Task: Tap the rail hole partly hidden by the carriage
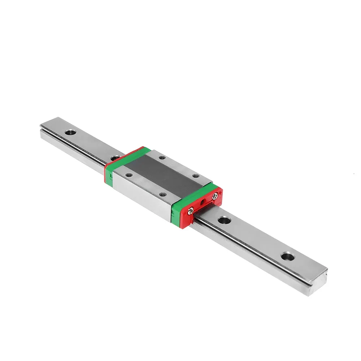115,158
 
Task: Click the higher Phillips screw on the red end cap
216,196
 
